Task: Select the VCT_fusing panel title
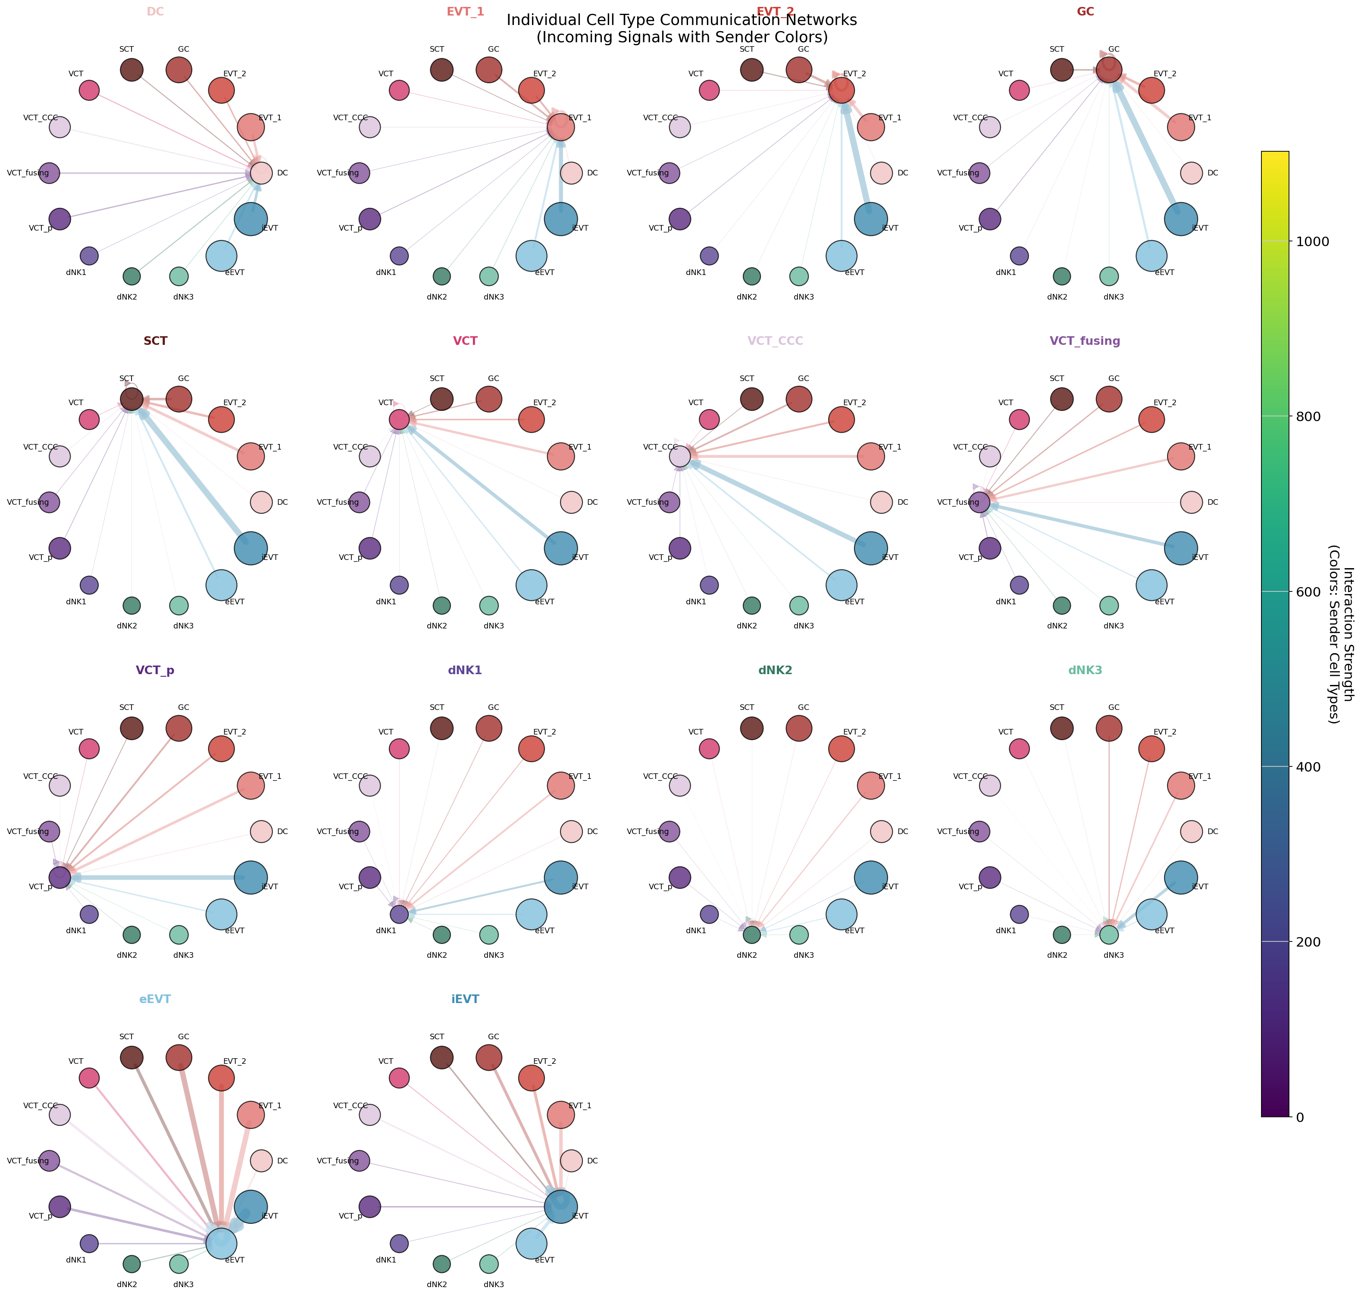click(x=1085, y=341)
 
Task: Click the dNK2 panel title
click(x=775, y=670)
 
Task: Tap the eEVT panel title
click(x=155, y=999)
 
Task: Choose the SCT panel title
click(x=155, y=341)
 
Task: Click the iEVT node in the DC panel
click(x=250, y=219)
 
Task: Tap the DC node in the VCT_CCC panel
click(x=881, y=502)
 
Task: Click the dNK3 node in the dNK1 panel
click(x=489, y=935)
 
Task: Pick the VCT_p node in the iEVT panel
click(x=369, y=1207)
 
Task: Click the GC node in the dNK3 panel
click(x=1108, y=728)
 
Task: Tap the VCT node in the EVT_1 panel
click(x=399, y=90)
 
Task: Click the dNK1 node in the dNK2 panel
click(x=709, y=914)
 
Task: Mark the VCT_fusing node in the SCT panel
click(x=49, y=502)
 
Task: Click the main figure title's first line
click(x=681, y=20)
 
